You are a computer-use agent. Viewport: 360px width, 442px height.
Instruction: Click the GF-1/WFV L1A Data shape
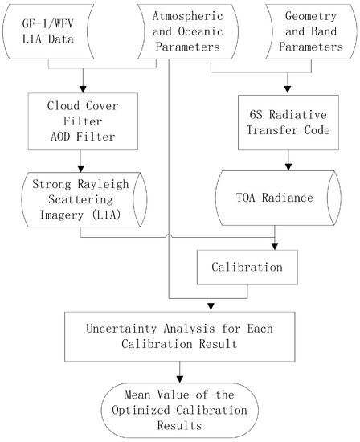point(48,31)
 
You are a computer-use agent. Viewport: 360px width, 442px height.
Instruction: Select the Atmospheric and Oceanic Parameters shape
point(188,31)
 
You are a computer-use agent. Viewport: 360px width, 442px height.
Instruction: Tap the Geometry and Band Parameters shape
point(311,31)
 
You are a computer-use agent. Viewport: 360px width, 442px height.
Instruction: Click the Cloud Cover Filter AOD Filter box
point(83,121)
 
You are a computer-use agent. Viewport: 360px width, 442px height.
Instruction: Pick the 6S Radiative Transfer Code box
point(288,122)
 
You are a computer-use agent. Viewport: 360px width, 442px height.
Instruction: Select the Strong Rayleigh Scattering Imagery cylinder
point(84,199)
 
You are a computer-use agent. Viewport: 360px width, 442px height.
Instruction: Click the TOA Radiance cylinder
point(278,198)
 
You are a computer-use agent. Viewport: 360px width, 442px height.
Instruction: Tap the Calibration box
point(247,268)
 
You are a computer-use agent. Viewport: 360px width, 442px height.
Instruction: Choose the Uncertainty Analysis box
point(180,336)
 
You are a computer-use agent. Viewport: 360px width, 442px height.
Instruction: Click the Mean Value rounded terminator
point(180,410)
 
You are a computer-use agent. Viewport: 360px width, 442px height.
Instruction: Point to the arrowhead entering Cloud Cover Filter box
point(83,89)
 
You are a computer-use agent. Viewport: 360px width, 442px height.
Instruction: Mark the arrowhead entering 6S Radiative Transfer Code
point(287,89)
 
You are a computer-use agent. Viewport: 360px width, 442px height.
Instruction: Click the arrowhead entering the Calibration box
point(275,247)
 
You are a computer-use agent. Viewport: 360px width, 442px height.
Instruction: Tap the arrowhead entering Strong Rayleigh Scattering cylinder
point(81,169)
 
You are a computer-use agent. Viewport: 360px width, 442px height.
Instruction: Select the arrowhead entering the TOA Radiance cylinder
point(288,167)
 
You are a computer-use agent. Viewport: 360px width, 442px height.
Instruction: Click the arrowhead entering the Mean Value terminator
point(179,379)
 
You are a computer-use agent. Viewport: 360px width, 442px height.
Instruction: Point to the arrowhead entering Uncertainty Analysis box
point(211,306)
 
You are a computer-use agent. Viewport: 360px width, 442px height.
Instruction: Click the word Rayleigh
point(103,184)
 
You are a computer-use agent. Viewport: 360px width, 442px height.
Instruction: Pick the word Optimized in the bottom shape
point(141,410)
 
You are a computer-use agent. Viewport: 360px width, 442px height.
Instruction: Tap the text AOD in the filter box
point(60,137)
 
